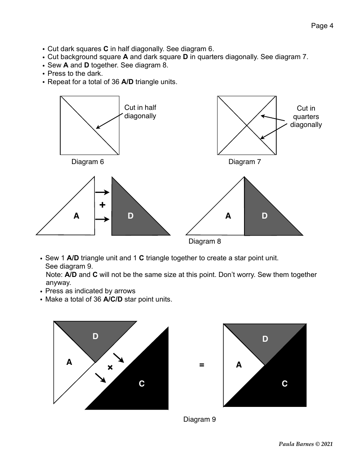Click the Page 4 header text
(x=322, y=26)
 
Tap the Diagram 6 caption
(x=88, y=162)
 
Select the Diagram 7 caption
(x=244, y=162)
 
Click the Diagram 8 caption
(x=205, y=241)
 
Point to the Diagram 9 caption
(x=199, y=419)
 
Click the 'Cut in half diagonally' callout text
(x=140, y=112)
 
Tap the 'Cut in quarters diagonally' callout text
(x=306, y=117)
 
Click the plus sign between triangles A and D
(x=102, y=205)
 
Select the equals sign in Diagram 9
(x=202, y=365)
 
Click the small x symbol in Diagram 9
(x=110, y=367)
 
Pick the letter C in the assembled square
(x=285, y=384)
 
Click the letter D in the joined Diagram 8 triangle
(x=265, y=216)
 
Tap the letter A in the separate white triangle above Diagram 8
(x=77, y=216)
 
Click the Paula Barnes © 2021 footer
(x=306, y=444)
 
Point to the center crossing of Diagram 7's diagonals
(x=247, y=125)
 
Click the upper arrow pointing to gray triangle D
(x=102, y=192)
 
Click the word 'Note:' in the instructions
(x=54, y=274)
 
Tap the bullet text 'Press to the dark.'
(x=75, y=73)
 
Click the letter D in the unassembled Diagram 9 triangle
(x=95, y=336)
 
